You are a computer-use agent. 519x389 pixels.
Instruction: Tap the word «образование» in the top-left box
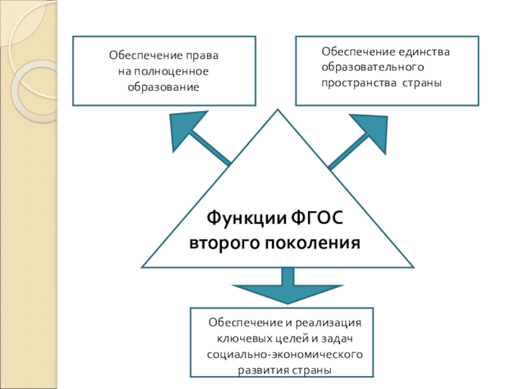(163, 86)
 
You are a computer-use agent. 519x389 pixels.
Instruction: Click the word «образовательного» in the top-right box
(372, 67)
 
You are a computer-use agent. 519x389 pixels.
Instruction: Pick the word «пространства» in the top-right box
(357, 83)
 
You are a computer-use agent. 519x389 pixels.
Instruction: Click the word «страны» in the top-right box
(422, 83)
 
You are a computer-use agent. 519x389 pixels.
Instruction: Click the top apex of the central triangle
(278, 112)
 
